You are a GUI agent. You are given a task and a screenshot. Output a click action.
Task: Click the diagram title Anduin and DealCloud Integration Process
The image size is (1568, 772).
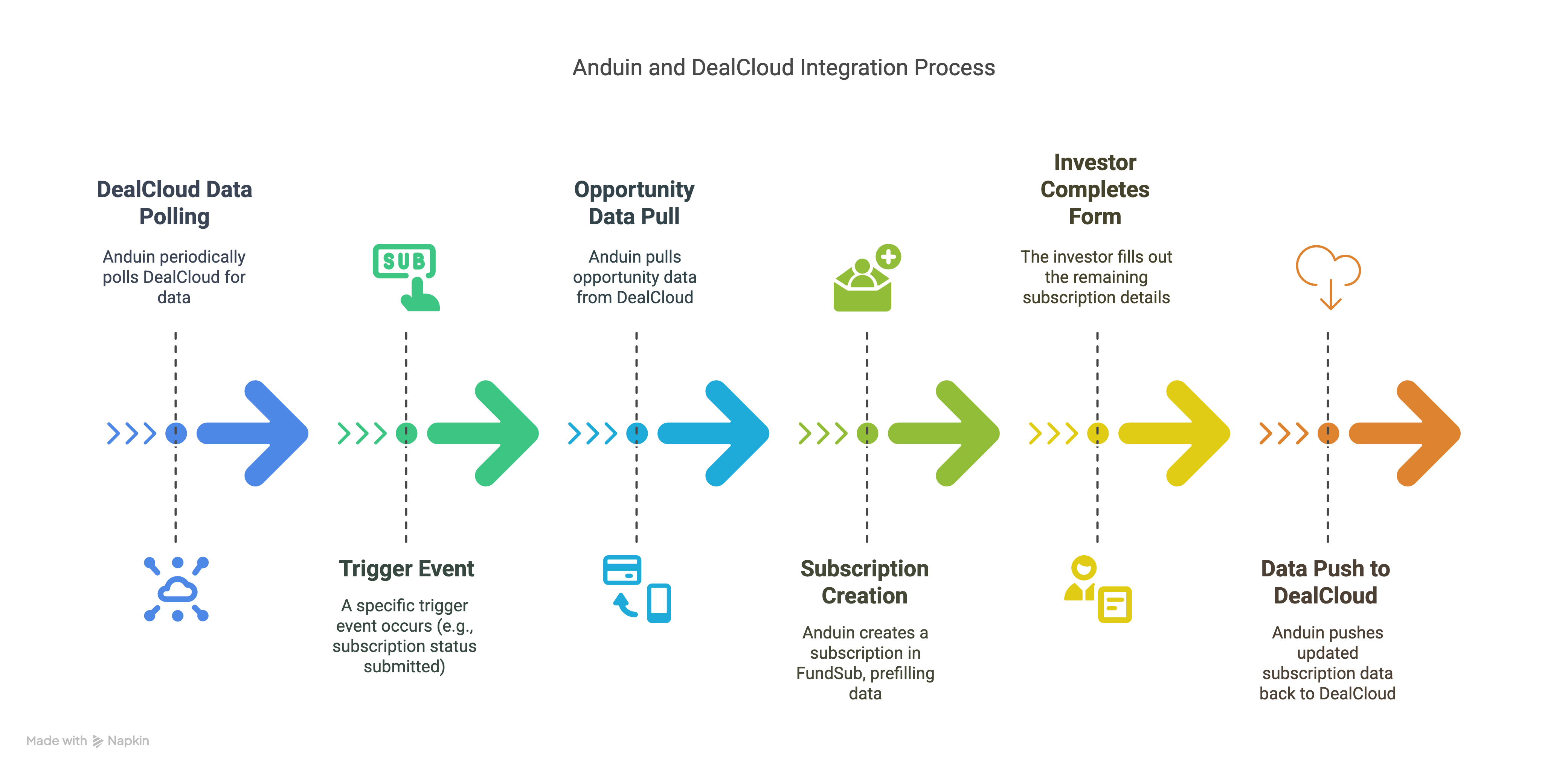tap(783, 67)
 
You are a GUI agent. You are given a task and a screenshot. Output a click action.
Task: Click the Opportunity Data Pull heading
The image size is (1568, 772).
tap(634, 202)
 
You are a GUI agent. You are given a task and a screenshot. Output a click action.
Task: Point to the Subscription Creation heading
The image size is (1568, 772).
tap(864, 582)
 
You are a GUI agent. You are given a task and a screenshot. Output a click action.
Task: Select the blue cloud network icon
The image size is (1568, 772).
tap(177, 589)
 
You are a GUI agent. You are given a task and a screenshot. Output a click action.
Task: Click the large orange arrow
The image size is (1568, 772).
tap(1406, 433)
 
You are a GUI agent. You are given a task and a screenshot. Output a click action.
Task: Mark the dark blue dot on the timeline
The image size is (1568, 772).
tap(176, 433)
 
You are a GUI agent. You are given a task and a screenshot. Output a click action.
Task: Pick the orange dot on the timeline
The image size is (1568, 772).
tap(1328, 433)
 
